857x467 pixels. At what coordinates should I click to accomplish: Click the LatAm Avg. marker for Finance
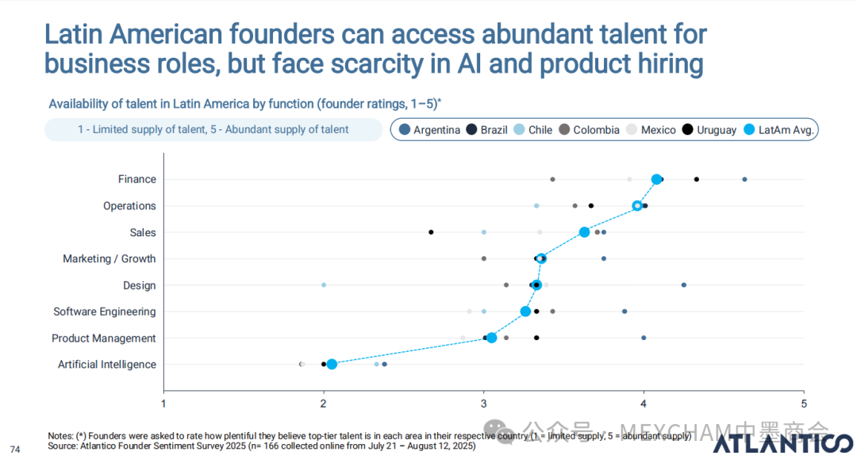656,179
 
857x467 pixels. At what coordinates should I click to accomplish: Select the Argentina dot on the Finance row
744,179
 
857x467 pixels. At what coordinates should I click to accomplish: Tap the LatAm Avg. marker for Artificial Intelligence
332,364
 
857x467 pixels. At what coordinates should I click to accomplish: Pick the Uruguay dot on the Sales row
431,232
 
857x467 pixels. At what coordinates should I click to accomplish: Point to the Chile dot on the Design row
324,285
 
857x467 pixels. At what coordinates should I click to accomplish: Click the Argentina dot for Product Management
644,338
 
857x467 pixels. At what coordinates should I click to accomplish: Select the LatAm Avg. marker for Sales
584,232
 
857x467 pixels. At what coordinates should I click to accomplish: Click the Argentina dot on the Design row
684,285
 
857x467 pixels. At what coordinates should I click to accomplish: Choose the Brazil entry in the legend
487,130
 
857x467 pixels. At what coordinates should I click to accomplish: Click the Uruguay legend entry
709,130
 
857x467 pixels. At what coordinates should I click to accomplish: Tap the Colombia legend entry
589,130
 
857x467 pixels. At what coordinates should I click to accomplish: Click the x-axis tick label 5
804,404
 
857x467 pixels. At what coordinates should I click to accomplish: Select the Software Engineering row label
105,312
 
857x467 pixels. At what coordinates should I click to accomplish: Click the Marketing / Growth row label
110,259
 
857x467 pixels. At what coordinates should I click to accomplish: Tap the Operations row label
129,206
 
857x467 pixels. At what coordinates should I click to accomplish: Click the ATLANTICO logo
782,443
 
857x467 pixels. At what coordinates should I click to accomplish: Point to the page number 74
15,450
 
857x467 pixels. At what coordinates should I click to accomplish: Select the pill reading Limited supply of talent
213,130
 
